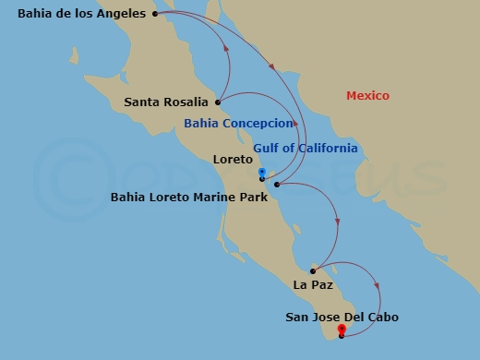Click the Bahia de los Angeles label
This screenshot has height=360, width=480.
point(82,13)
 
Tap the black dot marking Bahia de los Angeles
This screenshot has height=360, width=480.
point(155,14)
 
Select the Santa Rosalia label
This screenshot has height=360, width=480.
point(166,102)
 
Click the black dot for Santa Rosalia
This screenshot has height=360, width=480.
point(218,102)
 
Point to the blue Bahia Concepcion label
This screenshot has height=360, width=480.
point(239,123)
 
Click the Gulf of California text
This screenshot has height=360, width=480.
point(306,148)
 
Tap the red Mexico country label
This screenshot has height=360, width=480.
point(367,96)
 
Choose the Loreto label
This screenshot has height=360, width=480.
point(232,159)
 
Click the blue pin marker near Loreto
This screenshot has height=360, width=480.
point(262,173)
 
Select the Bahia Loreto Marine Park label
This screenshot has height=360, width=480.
point(188,197)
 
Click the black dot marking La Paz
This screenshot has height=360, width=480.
point(313,270)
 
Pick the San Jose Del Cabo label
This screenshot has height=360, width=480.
point(342,317)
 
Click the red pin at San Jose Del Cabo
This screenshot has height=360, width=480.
point(342,329)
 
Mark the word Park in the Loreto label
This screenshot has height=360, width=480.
point(254,197)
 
